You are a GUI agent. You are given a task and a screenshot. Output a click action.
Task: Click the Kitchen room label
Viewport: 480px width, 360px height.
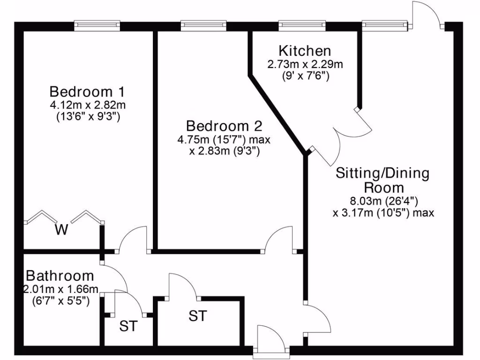click(x=305, y=51)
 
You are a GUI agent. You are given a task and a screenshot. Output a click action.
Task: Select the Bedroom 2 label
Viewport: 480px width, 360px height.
click(x=224, y=126)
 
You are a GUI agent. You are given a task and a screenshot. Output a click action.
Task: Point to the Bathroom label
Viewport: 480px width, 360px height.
click(x=60, y=275)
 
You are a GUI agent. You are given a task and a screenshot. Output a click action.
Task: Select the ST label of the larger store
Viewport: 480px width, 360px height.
click(x=197, y=316)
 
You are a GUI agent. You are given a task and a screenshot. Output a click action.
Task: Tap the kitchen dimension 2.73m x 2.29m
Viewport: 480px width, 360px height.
click(x=305, y=64)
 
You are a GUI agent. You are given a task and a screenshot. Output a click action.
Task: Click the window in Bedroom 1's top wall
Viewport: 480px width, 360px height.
click(x=97, y=25)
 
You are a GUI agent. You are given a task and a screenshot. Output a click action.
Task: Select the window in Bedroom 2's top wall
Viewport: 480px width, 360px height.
click(x=202, y=25)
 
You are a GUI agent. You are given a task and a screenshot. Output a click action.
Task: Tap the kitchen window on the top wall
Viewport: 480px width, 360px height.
click(x=301, y=25)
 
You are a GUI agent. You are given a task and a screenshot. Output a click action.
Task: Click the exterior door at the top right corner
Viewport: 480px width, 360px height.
click(x=426, y=16)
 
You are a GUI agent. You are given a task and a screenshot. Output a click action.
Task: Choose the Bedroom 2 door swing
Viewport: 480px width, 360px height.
click(x=281, y=239)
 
